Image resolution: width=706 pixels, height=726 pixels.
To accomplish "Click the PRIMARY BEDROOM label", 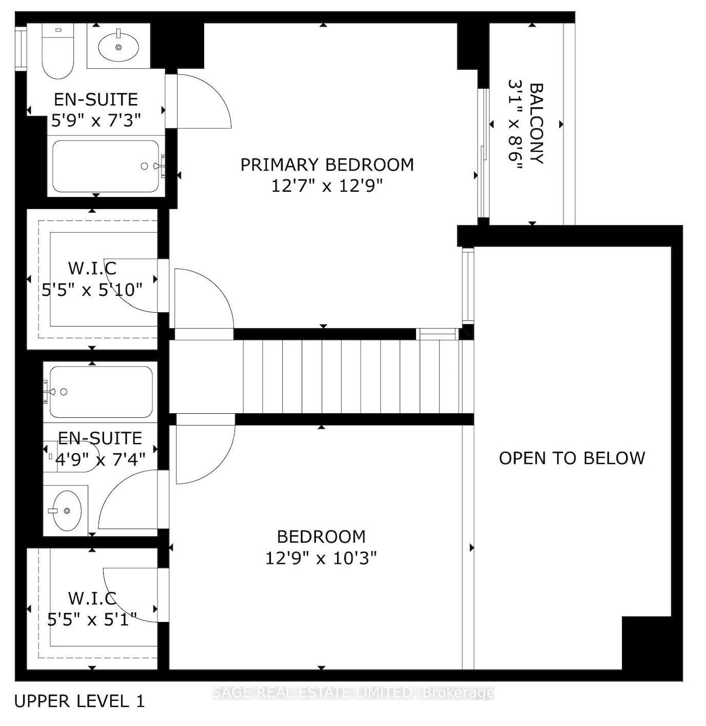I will point(327,165).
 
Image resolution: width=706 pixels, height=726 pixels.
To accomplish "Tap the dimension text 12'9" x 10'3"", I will point(321,557).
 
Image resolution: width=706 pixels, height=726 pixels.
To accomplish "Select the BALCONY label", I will point(536,123).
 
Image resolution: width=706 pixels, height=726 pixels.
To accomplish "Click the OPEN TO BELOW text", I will point(572,458).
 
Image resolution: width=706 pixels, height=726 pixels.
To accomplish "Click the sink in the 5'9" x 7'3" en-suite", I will point(118,47).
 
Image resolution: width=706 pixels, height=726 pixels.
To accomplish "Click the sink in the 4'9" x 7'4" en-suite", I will point(66,511).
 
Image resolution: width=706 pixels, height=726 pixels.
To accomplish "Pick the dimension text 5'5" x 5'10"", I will point(92,290).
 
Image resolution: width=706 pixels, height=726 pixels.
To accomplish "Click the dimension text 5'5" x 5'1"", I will point(92,620).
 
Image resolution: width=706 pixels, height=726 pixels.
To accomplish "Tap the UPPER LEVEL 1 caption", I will point(80,701).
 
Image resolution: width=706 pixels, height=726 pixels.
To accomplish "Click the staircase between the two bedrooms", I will point(354,376).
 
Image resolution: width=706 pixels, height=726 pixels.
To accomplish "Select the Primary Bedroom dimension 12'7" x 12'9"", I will point(327,185).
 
